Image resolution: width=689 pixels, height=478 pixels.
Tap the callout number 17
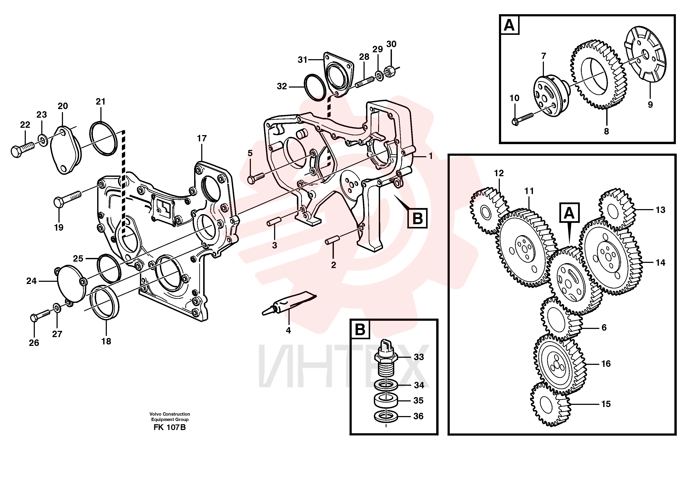[202, 138]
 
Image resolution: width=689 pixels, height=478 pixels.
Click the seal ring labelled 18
[105, 302]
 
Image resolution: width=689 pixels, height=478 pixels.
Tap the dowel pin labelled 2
[332, 240]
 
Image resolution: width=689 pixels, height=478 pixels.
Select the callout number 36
[418, 416]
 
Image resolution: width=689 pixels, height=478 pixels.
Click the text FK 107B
[170, 427]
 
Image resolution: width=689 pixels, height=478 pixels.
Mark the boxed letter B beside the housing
[417, 219]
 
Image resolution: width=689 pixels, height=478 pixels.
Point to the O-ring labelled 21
[103, 138]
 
